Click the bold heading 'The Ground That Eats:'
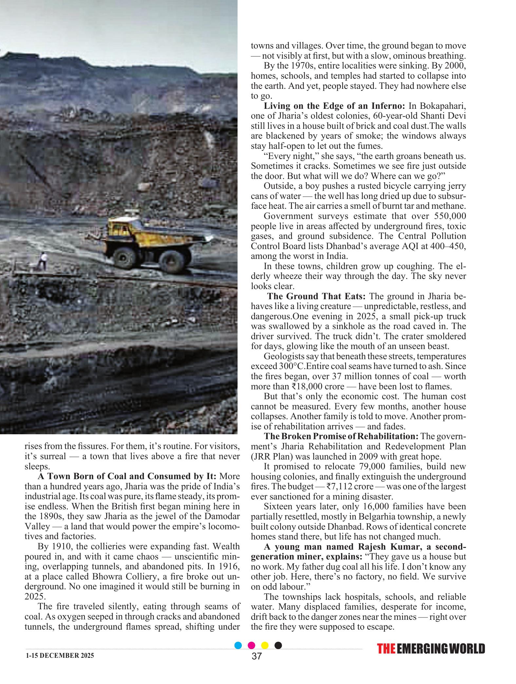pos(316,296)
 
